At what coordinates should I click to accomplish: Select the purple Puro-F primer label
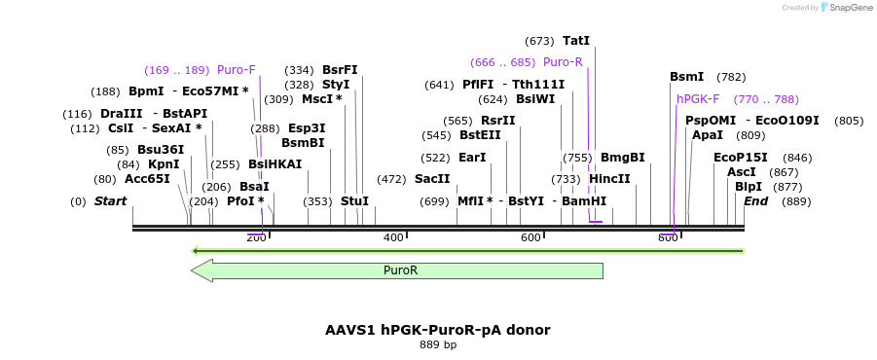[x=237, y=70]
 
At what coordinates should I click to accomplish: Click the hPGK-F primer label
[x=698, y=99]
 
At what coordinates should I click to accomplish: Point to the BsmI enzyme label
[x=686, y=77]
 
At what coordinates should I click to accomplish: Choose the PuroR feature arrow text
[x=401, y=270]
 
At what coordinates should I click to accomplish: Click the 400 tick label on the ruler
[x=393, y=238]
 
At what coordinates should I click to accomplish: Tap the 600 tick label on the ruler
[x=530, y=238]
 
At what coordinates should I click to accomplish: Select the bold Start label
[x=110, y=201]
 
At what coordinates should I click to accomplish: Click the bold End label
[x=756, y=201]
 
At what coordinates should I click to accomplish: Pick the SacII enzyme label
[x=432, y=179]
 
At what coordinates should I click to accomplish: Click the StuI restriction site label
[x=354, y=201]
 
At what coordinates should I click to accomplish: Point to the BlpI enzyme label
[x=749, y=187]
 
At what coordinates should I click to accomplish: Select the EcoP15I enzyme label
[x=740, y=158]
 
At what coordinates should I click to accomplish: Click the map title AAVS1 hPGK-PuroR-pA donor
[x=438, y=330]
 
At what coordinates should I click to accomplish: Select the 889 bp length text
[x=438, y=345]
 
